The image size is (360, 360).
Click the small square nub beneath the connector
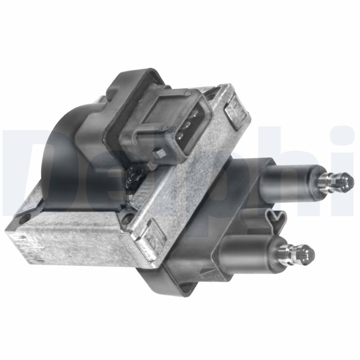[159, 153]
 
